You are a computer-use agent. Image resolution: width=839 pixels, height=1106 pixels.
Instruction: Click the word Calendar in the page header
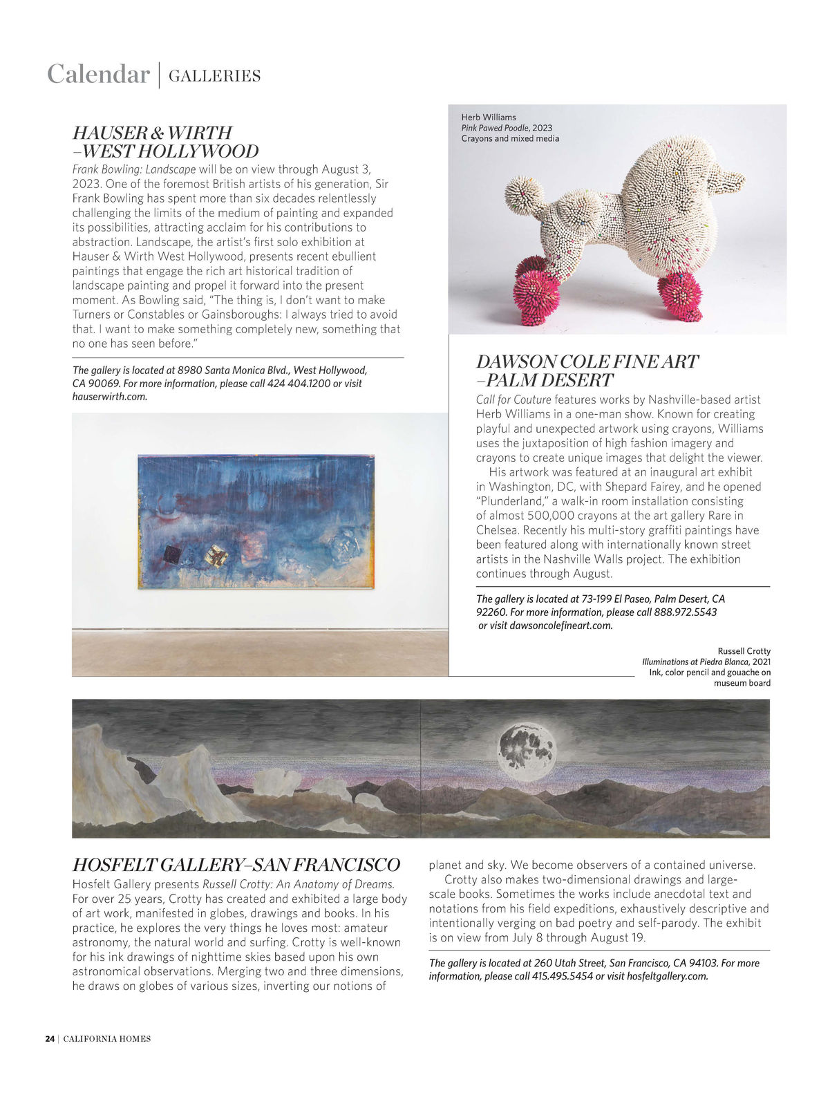98,74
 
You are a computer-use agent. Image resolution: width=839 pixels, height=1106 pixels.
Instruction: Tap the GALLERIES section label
214,76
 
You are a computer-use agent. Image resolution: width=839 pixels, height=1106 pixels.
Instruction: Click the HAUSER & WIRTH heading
152,133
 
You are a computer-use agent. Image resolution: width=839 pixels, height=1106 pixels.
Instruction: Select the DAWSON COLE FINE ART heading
587,362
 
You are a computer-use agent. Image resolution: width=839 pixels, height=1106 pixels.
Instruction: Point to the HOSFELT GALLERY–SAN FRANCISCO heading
236,865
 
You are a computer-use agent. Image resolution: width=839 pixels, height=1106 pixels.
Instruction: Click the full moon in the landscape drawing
527,751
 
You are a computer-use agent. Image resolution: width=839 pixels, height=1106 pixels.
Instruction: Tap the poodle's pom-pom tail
524,196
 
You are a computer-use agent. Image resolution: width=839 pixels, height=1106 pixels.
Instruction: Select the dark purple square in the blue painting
172,554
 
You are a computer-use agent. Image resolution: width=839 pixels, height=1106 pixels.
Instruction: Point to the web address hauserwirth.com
110,397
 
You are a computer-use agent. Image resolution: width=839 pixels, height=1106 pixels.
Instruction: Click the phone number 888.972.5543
686,612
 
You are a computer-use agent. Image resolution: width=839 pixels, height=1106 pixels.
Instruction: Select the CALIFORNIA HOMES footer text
107,1038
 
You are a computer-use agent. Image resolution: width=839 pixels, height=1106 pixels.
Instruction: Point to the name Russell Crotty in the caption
744,651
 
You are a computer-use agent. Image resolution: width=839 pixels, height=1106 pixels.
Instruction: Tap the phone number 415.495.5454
563,976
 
